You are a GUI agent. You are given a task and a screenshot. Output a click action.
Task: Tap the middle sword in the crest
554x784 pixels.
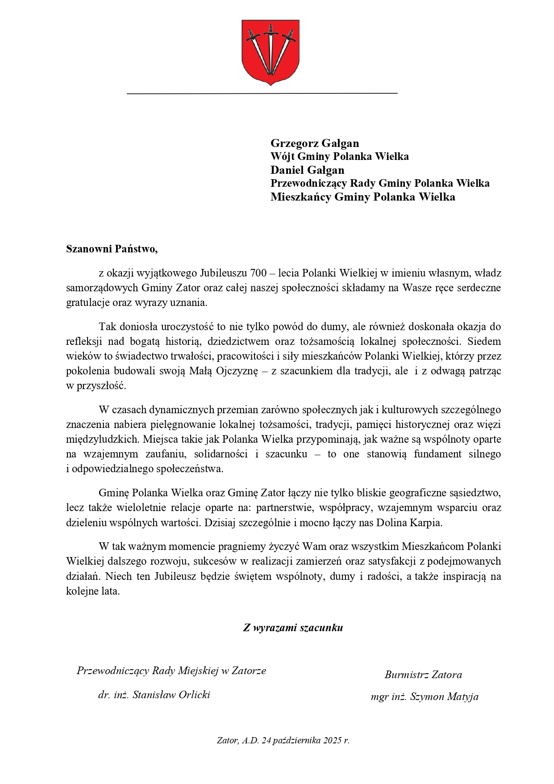point(270,49)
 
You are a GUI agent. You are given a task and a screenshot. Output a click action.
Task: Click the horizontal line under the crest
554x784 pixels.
point(262,93)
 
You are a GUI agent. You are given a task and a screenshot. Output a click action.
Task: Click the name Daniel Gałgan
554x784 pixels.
point(307,170)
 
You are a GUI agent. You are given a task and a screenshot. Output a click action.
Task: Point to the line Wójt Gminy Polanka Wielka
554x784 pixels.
point(339,157)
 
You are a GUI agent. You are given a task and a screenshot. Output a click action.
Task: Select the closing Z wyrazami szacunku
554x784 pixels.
point(293,628)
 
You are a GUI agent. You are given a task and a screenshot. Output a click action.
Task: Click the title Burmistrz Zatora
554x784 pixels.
point(423,675)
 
